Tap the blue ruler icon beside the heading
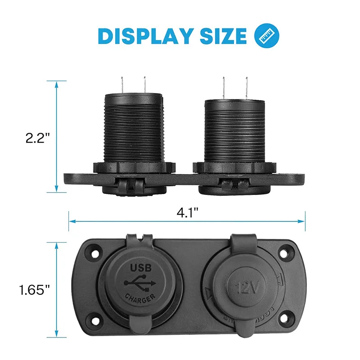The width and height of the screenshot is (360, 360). click(x=267, y=36)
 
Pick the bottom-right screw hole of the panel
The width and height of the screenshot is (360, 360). click(x=284, y=322)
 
